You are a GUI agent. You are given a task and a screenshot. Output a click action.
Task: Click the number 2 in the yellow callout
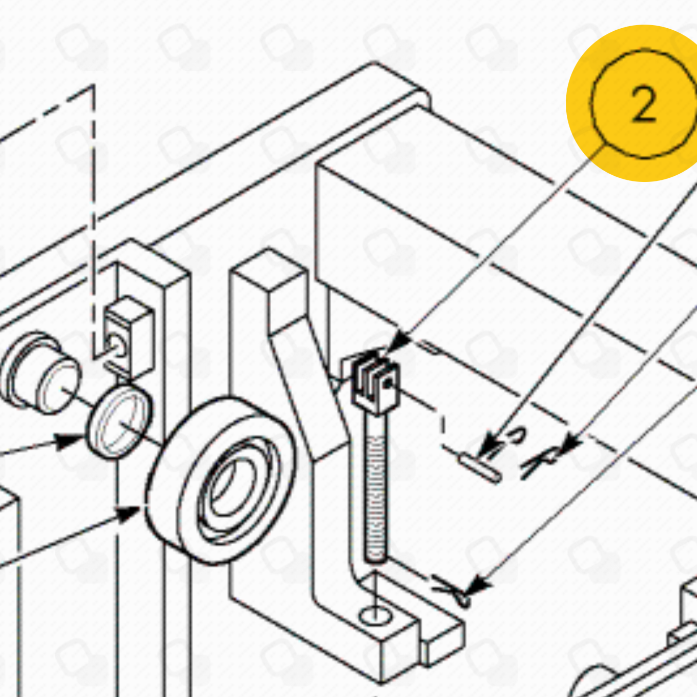click(x=644, y=105)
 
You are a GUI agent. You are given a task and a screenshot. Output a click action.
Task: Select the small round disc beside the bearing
click(x=119, y=422)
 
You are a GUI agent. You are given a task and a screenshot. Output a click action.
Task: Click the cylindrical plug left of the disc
click(x=40, y=372)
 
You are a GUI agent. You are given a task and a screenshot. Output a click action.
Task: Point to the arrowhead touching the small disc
click(x=69, y=442)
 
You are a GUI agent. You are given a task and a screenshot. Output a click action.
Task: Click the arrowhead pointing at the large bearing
click(x=127, y=514)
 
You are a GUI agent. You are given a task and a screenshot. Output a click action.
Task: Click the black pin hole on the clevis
click(x=388, y=383)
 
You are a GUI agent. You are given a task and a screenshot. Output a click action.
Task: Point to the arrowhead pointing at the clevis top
click(x=400, y=341)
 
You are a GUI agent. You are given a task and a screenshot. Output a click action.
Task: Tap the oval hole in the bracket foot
click(x=375, y=616)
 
